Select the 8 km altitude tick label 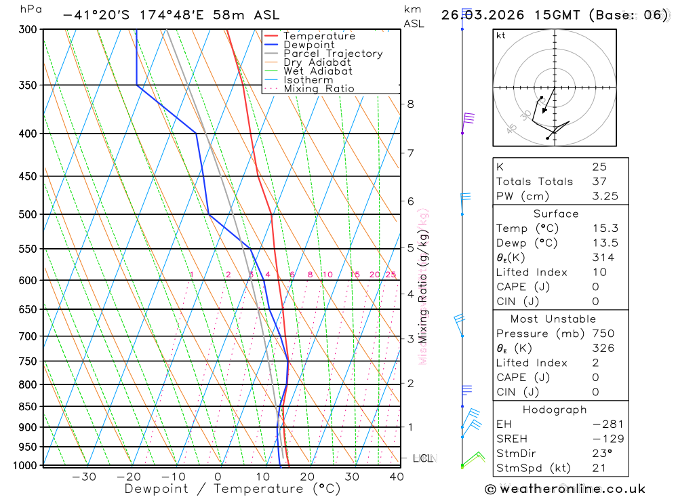point(410,104)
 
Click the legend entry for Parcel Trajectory point(333,54)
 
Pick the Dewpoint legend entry point(309,45)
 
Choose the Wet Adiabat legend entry point(318,71)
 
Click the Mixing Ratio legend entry point(319,89)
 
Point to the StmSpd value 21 point(599,468)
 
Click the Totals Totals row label point(534,181)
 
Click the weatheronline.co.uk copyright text point(565,489)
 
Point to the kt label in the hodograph point(500,35)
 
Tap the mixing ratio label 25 point(391,275)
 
